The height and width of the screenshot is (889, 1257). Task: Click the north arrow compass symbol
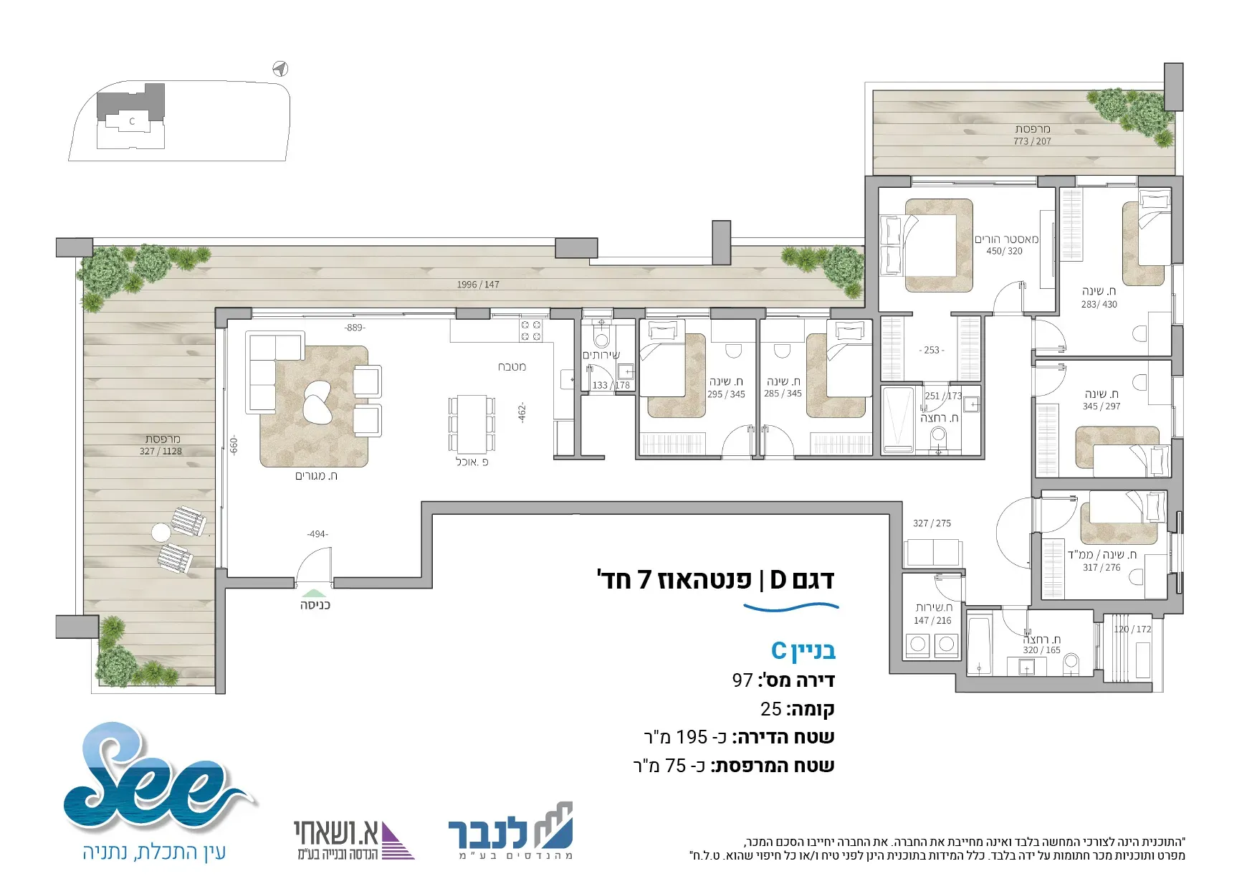click(280, 69)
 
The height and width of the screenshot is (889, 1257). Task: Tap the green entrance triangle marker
click(313, 593)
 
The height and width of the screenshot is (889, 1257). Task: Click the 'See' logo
click(158, 778)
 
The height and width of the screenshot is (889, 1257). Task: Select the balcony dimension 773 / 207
click(1032, 141)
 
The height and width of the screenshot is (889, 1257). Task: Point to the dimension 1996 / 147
click(478, 285)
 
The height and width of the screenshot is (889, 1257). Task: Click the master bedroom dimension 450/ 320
click(1004, 251)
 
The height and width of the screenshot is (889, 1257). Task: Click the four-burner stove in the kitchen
click(531, 330)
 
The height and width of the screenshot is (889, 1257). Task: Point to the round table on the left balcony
click(161, 533)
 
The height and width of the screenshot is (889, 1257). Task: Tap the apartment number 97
click(742, 680)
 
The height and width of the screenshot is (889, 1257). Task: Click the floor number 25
click(771, 709)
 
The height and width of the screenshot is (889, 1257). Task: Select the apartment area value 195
click(692, 737)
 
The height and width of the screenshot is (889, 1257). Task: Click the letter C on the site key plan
click(132, 121)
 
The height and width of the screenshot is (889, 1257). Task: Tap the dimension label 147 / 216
click(932, 620)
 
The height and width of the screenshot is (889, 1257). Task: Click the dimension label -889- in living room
click(355, 328)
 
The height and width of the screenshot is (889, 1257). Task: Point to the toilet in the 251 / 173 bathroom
click(938, 438)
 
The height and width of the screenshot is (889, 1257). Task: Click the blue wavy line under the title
click(790, 608)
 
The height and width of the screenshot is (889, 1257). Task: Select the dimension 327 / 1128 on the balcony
click(161, 451)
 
